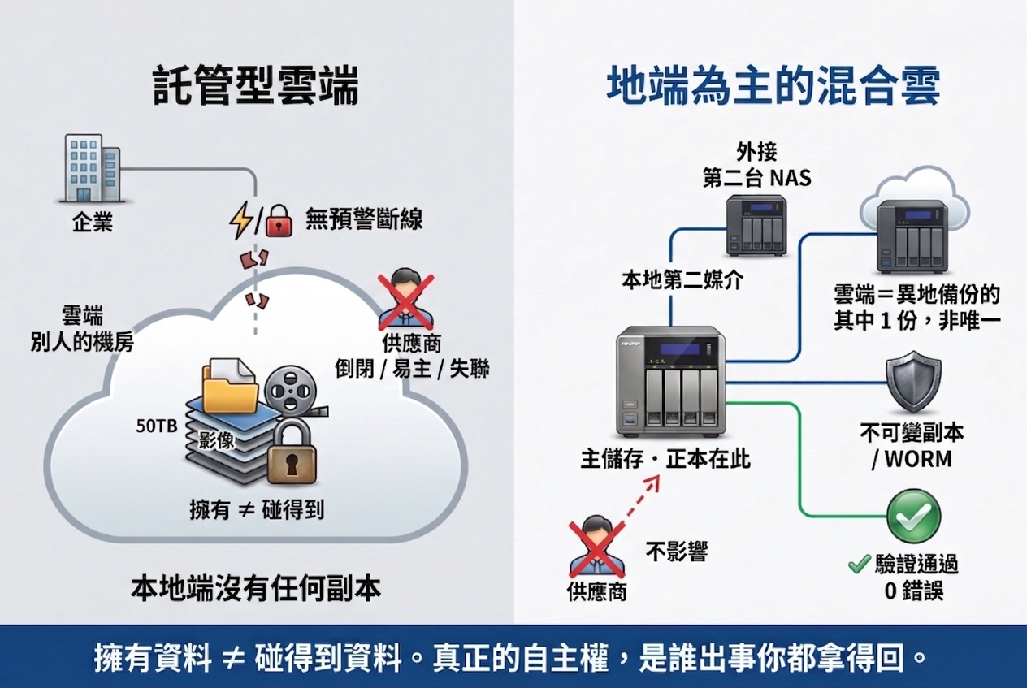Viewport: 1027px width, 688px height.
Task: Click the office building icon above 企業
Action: pyautogui.click(x=92, y=168)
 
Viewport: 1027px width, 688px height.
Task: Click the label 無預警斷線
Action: pyautogui.click(x=364, y=219)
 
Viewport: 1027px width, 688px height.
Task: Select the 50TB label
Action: pyautogui.click(x=157, y=426)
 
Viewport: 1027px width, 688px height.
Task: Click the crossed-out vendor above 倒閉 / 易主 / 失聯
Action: pyautogui.click(x=405, y=298)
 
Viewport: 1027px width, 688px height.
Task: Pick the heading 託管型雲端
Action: pyautogui.click(x=256, y=85)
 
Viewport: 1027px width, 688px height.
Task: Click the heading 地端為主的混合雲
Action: pyautogui.click(x=773, y=85)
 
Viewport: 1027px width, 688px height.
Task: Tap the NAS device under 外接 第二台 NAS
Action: pyautogui.click(x=756, y=225)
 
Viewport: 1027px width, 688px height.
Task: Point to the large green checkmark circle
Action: pyautogui.click(x=914, y=516)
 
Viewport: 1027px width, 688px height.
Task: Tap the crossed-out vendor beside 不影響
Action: pyautogui.click(x=596, y=548)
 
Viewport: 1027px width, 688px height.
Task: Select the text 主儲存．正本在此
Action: pyautogui.click(x=665, y=459)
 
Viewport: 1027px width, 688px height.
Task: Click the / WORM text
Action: pyautogui.click(x=912, y=459)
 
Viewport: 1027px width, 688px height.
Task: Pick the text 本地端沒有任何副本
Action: pyautogui.click(x=256, y=589)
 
